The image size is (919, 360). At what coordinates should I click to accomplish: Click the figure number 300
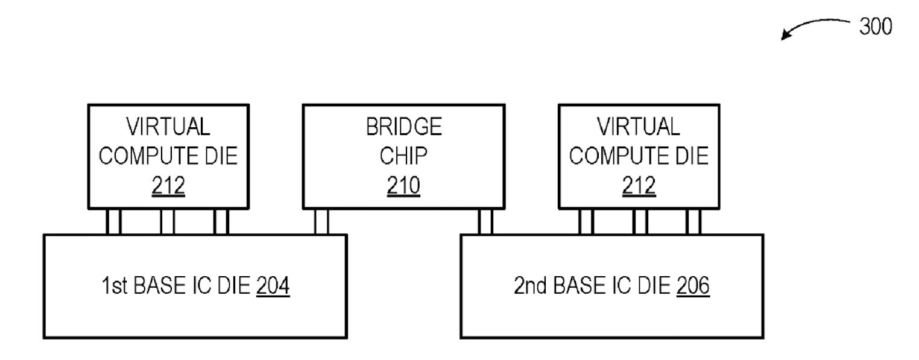(876, 27)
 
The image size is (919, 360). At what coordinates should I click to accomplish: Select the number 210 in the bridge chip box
(403, 186)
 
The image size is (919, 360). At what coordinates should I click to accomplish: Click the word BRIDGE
(403, 127)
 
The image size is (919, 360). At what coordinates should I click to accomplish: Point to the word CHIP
(403, 156)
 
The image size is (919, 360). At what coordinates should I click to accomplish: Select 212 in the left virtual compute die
(168, 186)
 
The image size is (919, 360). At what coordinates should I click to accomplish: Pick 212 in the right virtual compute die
(639, 186)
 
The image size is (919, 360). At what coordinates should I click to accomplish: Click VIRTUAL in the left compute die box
(168, 127)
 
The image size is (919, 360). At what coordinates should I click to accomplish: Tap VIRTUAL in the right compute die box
(639, 127)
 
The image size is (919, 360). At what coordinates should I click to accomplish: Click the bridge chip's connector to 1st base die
(321, 222)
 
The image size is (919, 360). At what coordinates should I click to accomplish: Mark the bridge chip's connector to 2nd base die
(485, 222)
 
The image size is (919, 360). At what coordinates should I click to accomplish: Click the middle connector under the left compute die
(168, 222)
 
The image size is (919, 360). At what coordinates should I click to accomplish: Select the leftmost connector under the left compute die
(113, 222)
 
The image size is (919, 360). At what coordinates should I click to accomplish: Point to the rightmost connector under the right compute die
(693, 222)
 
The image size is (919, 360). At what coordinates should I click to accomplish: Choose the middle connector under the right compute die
(640, 222)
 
